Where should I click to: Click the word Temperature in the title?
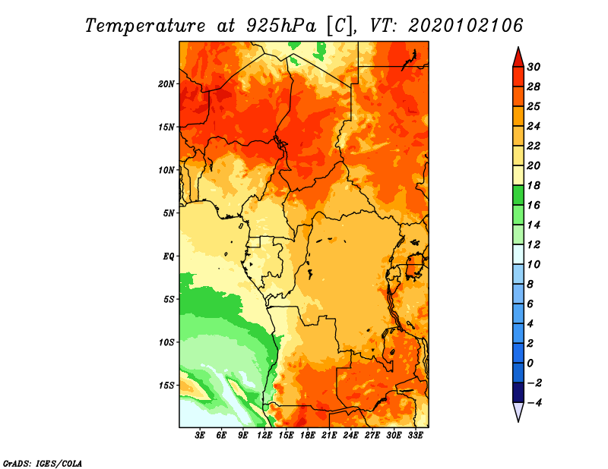[145, 26]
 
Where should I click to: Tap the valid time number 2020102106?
[465, 26]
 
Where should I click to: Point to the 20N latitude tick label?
[166, 84]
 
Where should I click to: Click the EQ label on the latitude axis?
[169, 257]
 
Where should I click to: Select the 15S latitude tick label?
[166, 386]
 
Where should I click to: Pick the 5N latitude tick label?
[169, 213]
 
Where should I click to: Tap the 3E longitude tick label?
[200, 436]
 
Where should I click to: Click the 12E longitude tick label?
[264, 436]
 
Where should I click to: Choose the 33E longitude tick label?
[415, 436]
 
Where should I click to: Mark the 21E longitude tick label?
[329, 436]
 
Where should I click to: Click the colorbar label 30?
[534, 67]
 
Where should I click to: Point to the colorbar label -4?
[534, 403]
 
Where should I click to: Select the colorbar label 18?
[534, 185]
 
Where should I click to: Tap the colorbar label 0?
[530, 364]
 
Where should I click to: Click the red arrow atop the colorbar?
[518, 57]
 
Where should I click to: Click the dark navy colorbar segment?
[518, 392]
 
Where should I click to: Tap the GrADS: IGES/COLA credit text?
[43, 463]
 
